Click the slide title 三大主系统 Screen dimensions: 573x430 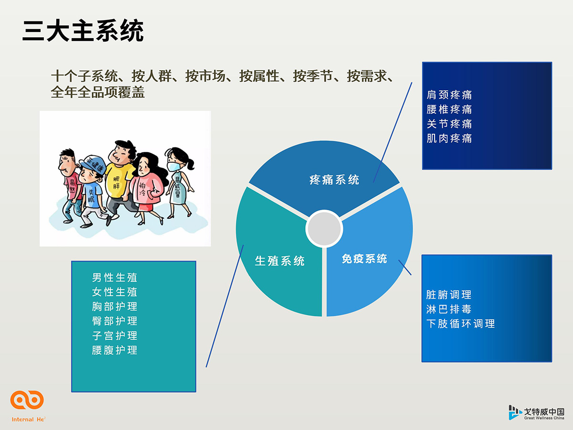pos(83,31)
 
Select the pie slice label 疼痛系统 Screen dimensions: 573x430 pos(334,180)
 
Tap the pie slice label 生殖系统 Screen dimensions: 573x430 pos(280,261)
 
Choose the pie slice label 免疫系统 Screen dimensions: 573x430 pos(364,259)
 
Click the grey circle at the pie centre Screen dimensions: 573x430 pos(324,228)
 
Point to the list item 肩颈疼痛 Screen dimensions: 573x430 pos(449,95)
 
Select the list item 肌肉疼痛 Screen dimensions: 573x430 pos(449,139)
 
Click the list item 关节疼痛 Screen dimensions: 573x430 pos(449,124)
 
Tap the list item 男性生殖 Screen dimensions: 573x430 pos(114,277)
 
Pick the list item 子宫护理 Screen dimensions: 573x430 pos(114,335)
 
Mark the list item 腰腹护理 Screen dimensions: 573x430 pos(114,350)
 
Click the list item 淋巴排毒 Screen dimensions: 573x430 pos(449,310)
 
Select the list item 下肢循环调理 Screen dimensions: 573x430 pos(461,324)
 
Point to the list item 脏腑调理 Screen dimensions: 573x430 pos(449,295)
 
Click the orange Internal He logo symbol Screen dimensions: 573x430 pos(27,400)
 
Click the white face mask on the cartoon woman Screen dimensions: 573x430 pos(174,166)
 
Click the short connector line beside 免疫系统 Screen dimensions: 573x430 pos(405,268)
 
